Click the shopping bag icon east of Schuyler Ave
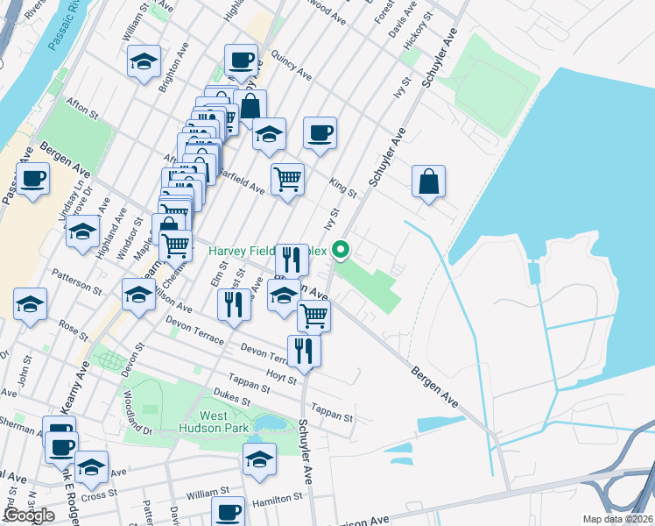(429, 182)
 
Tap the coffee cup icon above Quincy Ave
(241, 60)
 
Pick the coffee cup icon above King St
(320, 133)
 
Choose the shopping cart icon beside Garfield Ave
(287, 180)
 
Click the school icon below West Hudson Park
(259, 458)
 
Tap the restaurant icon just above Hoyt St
(304, 350)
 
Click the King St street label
(343, 187)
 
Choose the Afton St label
(80, 108)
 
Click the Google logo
(30, 515)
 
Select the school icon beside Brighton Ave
(144, 61)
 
